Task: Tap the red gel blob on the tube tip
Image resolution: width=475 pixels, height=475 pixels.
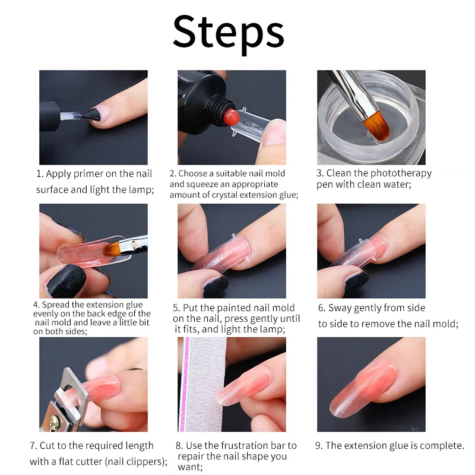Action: pos(231,117)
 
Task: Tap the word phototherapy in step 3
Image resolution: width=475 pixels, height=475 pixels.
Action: pos(401,173)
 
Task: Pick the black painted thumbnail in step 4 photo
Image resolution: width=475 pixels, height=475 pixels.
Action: pos(66,280)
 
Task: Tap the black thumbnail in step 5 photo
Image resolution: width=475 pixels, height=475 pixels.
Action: pos(216,286)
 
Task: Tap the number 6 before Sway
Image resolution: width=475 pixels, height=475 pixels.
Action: pos(321,308)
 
